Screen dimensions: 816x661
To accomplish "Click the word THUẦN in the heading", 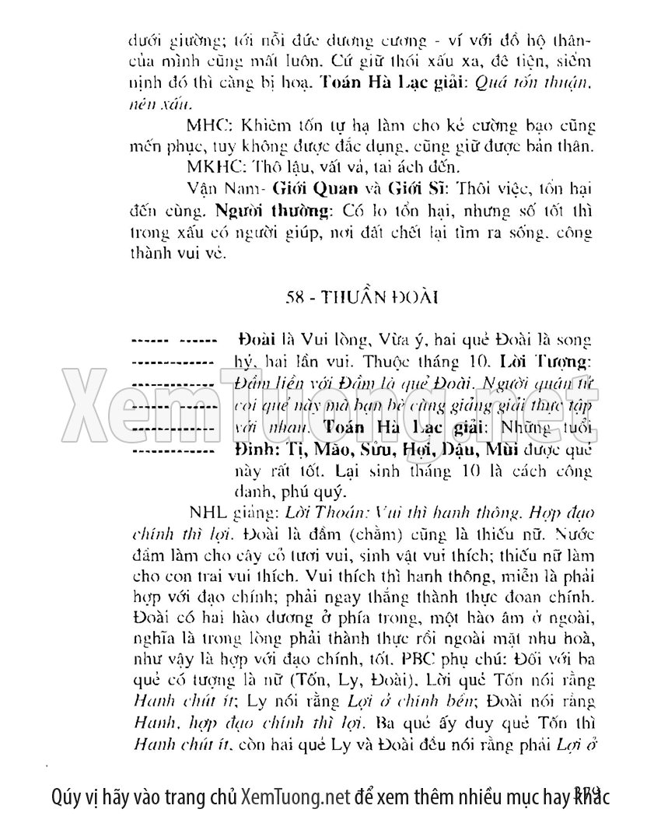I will [x=341, y=299].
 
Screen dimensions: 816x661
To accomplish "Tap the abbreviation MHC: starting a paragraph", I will [x=204, y=125].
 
